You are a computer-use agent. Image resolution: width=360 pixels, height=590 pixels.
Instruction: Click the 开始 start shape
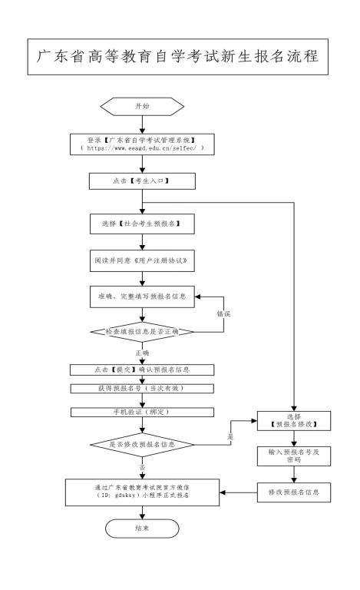coord(141,106)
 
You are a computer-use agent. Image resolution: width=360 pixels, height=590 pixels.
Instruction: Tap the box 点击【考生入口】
coord(141,182)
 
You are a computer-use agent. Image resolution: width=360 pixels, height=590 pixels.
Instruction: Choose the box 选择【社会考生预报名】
coord(141,224)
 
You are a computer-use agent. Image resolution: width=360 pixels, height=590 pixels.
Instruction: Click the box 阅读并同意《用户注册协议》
coord(141,260)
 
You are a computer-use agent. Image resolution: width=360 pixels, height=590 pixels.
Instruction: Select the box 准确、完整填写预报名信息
coord(141,295)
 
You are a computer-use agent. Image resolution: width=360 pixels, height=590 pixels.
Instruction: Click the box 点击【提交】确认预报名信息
coord(141,369)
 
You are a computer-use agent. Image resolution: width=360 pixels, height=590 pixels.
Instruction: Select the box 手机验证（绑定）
coord(141,411)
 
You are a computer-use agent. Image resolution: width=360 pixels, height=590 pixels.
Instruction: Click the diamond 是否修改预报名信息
coord(141,445)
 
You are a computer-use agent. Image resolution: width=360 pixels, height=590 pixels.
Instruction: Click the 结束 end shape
coord(141,529)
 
